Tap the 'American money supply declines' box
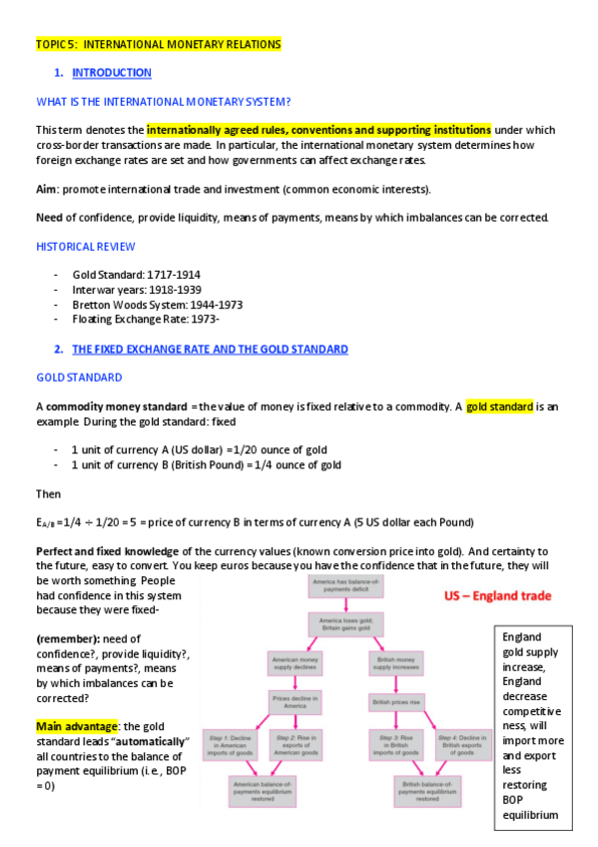click(296, 663)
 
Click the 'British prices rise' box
click(395, 702)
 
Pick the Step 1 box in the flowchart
click(234, 743)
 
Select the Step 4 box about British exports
click(463, 743)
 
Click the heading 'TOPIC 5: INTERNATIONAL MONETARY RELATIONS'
click(158, 44)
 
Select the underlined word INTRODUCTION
click(112, 73)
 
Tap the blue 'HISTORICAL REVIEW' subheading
click(86, 246)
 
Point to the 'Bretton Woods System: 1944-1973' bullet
click(157, 305)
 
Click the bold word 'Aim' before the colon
click(48, 189)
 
